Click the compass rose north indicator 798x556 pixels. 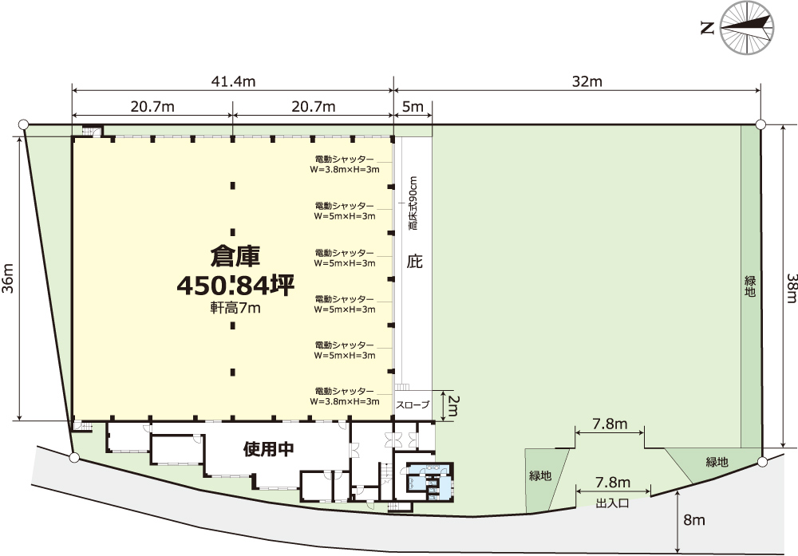[x=747, y=27]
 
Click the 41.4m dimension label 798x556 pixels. [x=233, y=81]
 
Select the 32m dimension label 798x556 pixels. [x=587, y=81]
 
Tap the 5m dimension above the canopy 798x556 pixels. [x=413, y=107]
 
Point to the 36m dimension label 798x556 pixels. [x=8, y=278]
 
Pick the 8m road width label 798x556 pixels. [x=694, y=520]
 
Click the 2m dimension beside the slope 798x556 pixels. [x=452, y=406]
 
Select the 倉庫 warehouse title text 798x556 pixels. [x=235, y=256]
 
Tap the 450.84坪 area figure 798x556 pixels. [x=235, y=286]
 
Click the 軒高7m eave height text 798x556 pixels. [x=235, y=308]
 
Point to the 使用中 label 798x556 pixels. [x=269, y=449]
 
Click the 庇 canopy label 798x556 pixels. [x=414, y=262]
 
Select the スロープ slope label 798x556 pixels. [x=413, y=405]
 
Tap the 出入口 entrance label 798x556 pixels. [x=612, y=503]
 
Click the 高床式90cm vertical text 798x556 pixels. [x=413, y=203]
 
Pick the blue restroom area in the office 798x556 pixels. [x=428, y=483]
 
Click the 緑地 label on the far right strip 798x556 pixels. [x=749, y=286]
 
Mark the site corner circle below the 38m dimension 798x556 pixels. [x=762, y=462]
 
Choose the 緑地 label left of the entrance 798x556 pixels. [x=540, y=476]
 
